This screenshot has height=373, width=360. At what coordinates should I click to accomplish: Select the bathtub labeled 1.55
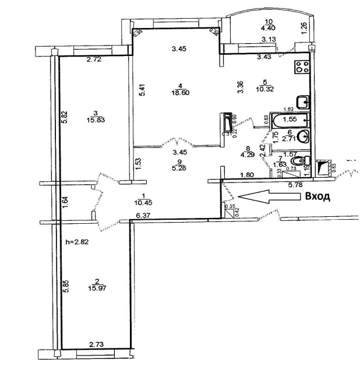click(x=289, y=119)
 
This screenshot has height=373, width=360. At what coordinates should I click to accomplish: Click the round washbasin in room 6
click(x=303, y=138)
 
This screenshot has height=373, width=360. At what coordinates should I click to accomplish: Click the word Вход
click(x=317, y=196)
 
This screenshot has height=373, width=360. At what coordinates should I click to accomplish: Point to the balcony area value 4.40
click(x=268, y=27)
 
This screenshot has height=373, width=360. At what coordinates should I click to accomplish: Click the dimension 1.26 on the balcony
click(x=303, y=27)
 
